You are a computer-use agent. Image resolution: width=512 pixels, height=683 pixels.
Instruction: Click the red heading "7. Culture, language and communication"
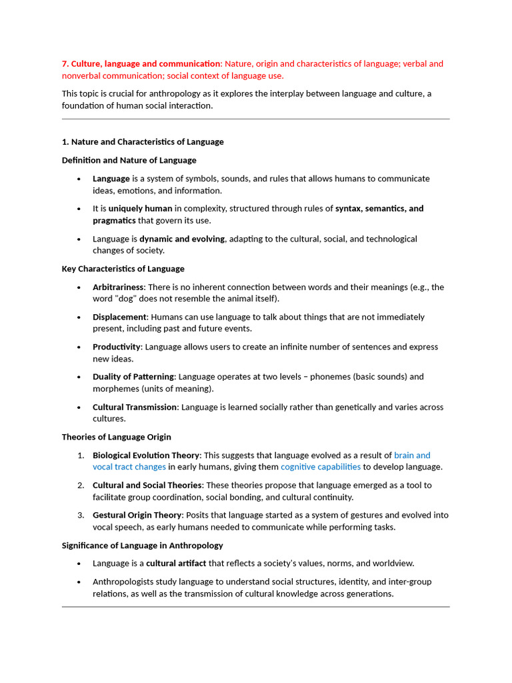pyautogui.click(x=141, y=64)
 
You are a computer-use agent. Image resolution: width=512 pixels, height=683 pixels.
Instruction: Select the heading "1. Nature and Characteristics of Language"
pyautogui.click(x=143, y=142)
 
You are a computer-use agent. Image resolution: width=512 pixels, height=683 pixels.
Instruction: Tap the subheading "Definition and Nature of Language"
pyautogui.click(x=129, y=160)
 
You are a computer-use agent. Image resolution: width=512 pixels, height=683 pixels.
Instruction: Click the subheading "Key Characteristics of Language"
pyautogui.click(x=123, y=269)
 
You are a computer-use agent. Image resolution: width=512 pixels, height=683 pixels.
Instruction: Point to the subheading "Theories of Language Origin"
pyautogui.click(x=116, y=437)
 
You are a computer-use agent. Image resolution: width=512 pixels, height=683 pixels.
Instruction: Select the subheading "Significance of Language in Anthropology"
pyautogui.click(x=142, y=546)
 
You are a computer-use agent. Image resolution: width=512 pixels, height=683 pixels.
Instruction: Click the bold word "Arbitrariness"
pyautogui.click(x=118, y=287)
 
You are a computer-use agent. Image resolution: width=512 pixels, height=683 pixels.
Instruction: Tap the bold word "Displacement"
pyautogui.click(x=119, y=317)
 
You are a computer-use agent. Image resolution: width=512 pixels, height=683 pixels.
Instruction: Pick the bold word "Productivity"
pyautogui.click(x=117, y=347)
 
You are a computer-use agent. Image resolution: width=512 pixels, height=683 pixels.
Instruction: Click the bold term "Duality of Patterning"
pyautogui.click(x=133, y=377)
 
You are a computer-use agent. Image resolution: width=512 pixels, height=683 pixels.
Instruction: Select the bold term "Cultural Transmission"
pyautogui.click(x=135, y=407)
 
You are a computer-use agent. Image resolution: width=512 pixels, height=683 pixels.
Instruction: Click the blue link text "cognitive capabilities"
pyautogui.click(x=321, y=467)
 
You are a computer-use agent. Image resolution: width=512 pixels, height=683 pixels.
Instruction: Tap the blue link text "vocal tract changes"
pyautogui.click(x=129, y=467)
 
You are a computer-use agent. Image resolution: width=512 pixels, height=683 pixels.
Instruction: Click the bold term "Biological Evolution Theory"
pyautogui.click(x=146, y=456)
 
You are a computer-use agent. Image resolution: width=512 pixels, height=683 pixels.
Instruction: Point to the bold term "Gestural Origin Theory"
pyautogui.click(x=137, y=515)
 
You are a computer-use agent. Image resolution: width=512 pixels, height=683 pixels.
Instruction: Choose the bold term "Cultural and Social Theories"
pyautogui.click(x=147, y=486)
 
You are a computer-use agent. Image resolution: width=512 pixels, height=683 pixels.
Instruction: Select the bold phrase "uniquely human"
pyautogui.click(x=140, y=209)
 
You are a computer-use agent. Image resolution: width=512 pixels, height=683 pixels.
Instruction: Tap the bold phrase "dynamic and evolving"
pyautogui.click(x=181, y=239)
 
